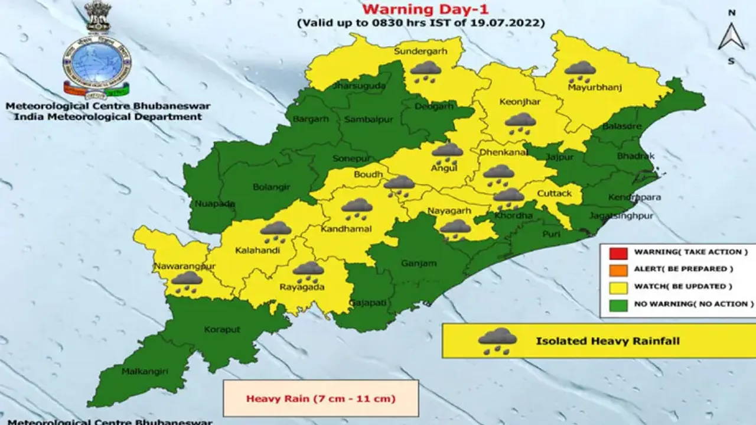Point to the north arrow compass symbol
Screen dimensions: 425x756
tap(731, 37)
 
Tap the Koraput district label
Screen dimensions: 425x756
tap(221, 329)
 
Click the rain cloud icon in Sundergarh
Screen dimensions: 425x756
tap(426, 71)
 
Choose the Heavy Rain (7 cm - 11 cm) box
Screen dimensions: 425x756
tap(321, 398)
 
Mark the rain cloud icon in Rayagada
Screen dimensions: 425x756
tap(308, 272)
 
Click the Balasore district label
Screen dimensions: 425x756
tap(621, 126)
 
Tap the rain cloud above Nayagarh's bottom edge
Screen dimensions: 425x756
tap(455, 229)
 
